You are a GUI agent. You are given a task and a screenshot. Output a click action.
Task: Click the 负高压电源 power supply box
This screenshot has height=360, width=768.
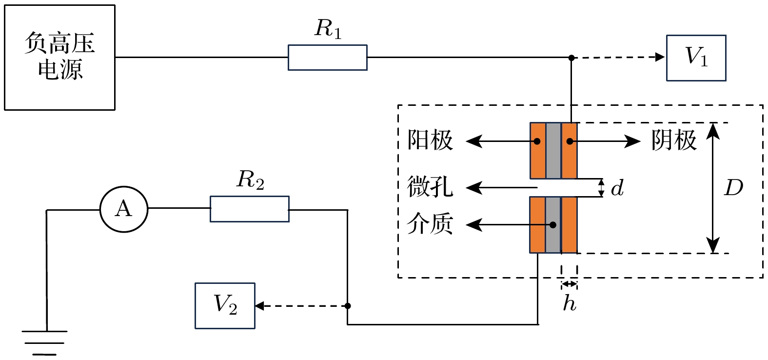pyautogui.click(x=59, y=58)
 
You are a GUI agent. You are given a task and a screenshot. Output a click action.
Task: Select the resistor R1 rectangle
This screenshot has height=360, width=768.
pyautogui.click(x=327, y=58)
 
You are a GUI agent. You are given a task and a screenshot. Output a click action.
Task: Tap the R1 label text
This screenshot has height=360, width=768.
pyautogui.click(x=328, y=29)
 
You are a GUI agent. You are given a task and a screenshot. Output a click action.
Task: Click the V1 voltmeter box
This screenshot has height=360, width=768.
pyautogui.click(x=696, y=58)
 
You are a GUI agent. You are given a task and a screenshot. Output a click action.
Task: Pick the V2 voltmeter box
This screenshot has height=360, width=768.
pyautogui.click(x=225, y=306)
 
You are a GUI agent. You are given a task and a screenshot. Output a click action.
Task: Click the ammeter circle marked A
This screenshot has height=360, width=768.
pyautogui.click(x=124, y=209)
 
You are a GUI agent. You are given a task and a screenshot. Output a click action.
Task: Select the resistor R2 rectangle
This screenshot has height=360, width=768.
pyautogui.click(x=249, y=209)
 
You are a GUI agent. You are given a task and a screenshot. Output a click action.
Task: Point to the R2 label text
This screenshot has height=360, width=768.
pyautogui.click(x=250, y=180)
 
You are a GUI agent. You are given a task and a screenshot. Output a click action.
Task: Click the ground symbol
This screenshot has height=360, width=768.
pyautogui.click(x=45, y=342)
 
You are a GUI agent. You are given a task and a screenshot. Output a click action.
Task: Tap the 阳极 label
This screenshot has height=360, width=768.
pyautogui.click(x=430, y=140)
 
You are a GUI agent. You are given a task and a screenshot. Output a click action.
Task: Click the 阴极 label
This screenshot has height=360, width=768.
pyautogui.click(x=674, y=140)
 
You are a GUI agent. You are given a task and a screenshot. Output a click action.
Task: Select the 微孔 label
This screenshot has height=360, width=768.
pyautogui.click(x=430, y=187)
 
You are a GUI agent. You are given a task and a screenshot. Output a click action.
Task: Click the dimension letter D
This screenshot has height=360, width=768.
pyautogui.click(x=733, y=188)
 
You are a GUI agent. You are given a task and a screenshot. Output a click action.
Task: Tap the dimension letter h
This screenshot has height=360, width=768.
pyautogui.click(x=569, y=303)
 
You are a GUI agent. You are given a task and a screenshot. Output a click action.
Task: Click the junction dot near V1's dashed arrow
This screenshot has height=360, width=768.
pyautogui.click(x=571, y=58)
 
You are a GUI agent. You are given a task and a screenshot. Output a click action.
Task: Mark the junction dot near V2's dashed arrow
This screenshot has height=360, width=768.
pyautogui.click(x=348, y=306)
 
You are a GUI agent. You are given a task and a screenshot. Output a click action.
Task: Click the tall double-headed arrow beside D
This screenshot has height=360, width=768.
pyautogui.click(x=713, y=188)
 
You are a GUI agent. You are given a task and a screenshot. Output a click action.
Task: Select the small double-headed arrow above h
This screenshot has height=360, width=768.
pyautogui.click(x=569, y=284)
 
